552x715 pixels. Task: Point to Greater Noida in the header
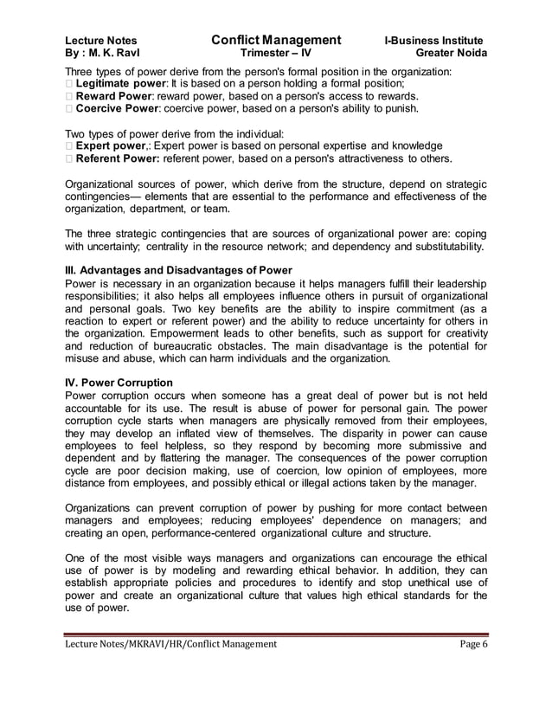pos(451,55)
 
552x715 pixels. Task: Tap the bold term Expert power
pos(107,146)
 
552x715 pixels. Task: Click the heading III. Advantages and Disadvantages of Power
pos(179,272)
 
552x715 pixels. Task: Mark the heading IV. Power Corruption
pos(119,382)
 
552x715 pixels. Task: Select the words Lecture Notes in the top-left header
pos(100,41)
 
